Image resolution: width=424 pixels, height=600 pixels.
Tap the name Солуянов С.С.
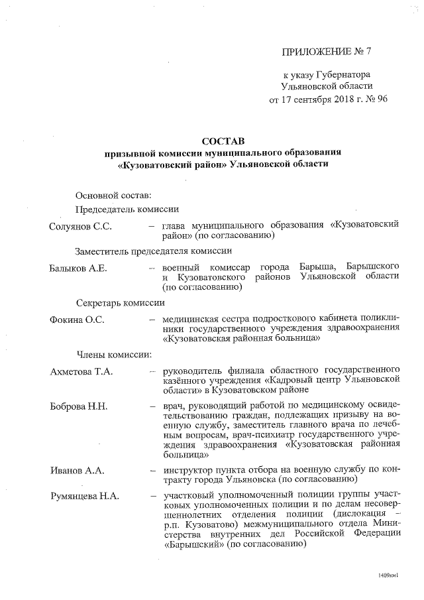80,226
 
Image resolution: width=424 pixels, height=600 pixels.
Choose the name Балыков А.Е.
79,268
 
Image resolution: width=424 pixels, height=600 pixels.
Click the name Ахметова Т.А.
81,371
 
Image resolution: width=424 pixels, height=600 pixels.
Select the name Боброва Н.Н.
78,405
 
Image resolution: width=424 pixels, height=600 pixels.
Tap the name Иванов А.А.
74,470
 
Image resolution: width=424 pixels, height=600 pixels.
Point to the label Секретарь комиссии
119,302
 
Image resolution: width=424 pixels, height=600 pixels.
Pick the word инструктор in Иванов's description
187,470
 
